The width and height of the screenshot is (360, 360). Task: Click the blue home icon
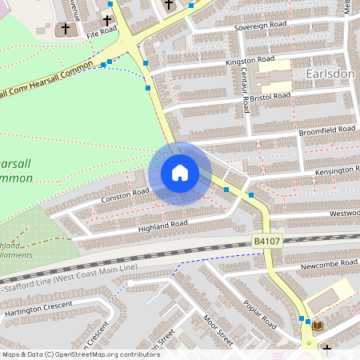(179, 173)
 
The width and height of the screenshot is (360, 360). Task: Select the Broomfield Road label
(326, 129)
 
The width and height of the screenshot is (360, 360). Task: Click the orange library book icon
(317, 326)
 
